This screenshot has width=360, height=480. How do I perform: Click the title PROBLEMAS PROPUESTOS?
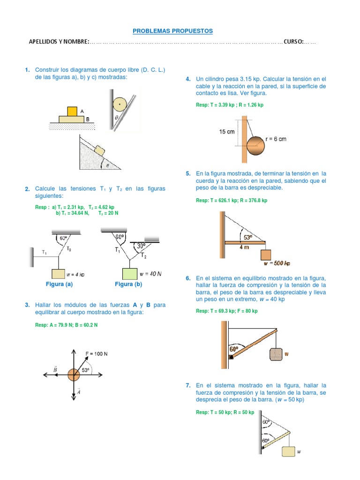click(x=172, y=31)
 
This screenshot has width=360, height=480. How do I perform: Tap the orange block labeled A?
click(x=72, y=112)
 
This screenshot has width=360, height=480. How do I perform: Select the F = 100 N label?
click(x=97, y=353)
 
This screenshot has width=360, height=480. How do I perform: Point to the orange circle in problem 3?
click(x=73, y=375)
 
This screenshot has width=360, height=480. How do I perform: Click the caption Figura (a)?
click(x=59, y=284)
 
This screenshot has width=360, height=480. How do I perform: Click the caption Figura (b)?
click(x=128, y=284)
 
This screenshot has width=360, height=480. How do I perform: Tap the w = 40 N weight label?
click(x=150, y=274)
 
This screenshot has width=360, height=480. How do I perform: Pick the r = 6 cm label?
click(x=276, y=139)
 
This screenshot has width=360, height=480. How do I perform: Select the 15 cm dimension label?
click(x=227, y=132)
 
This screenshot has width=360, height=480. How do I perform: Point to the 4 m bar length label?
click(x=245, y=247)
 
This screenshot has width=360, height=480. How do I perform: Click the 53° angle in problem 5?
click(x=246, y=237)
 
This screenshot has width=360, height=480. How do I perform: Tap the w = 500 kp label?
click(x=277, y=263)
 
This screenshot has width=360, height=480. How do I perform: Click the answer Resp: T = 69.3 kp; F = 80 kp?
click(x=227, y=311)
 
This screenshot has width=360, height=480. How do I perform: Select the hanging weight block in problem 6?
click(x=276, y=354)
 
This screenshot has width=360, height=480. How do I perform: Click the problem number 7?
click(x=188, y=385)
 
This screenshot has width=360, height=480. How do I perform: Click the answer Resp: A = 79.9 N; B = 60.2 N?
click(x=66, y=325)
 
